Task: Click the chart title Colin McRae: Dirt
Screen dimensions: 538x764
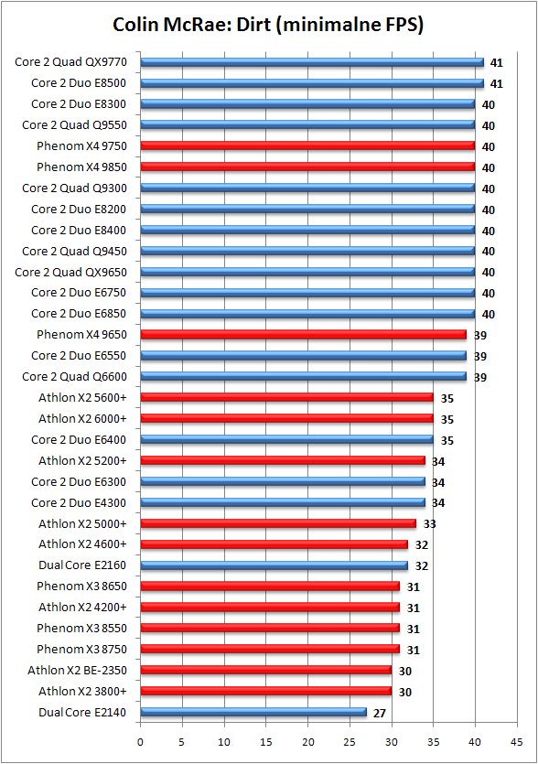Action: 268,25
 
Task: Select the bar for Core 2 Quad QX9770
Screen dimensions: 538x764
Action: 312,62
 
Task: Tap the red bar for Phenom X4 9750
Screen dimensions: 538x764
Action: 307,146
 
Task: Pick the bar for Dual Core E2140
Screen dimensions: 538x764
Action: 253,713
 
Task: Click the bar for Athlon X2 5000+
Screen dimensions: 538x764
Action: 278,523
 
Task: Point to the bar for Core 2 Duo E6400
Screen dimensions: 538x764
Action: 286,440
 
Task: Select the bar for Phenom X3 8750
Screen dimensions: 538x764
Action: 270,650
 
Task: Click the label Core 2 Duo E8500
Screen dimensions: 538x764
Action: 79,83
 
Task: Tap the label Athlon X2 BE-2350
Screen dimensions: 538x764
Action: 77,671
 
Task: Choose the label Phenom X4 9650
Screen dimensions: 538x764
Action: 81,335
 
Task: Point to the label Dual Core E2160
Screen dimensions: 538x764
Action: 82,565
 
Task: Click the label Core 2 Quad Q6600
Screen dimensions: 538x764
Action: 74,377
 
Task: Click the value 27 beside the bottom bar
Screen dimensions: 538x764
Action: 380,714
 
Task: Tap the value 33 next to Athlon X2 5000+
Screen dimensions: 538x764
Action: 429,524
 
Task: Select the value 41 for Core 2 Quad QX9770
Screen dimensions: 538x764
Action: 497,63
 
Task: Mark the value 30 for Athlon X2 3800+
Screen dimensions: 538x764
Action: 405,692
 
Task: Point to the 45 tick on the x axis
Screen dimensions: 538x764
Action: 517,742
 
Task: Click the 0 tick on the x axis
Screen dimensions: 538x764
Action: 140,742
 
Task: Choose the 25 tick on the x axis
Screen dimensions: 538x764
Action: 350,742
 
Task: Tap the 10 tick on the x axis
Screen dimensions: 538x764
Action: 224,742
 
